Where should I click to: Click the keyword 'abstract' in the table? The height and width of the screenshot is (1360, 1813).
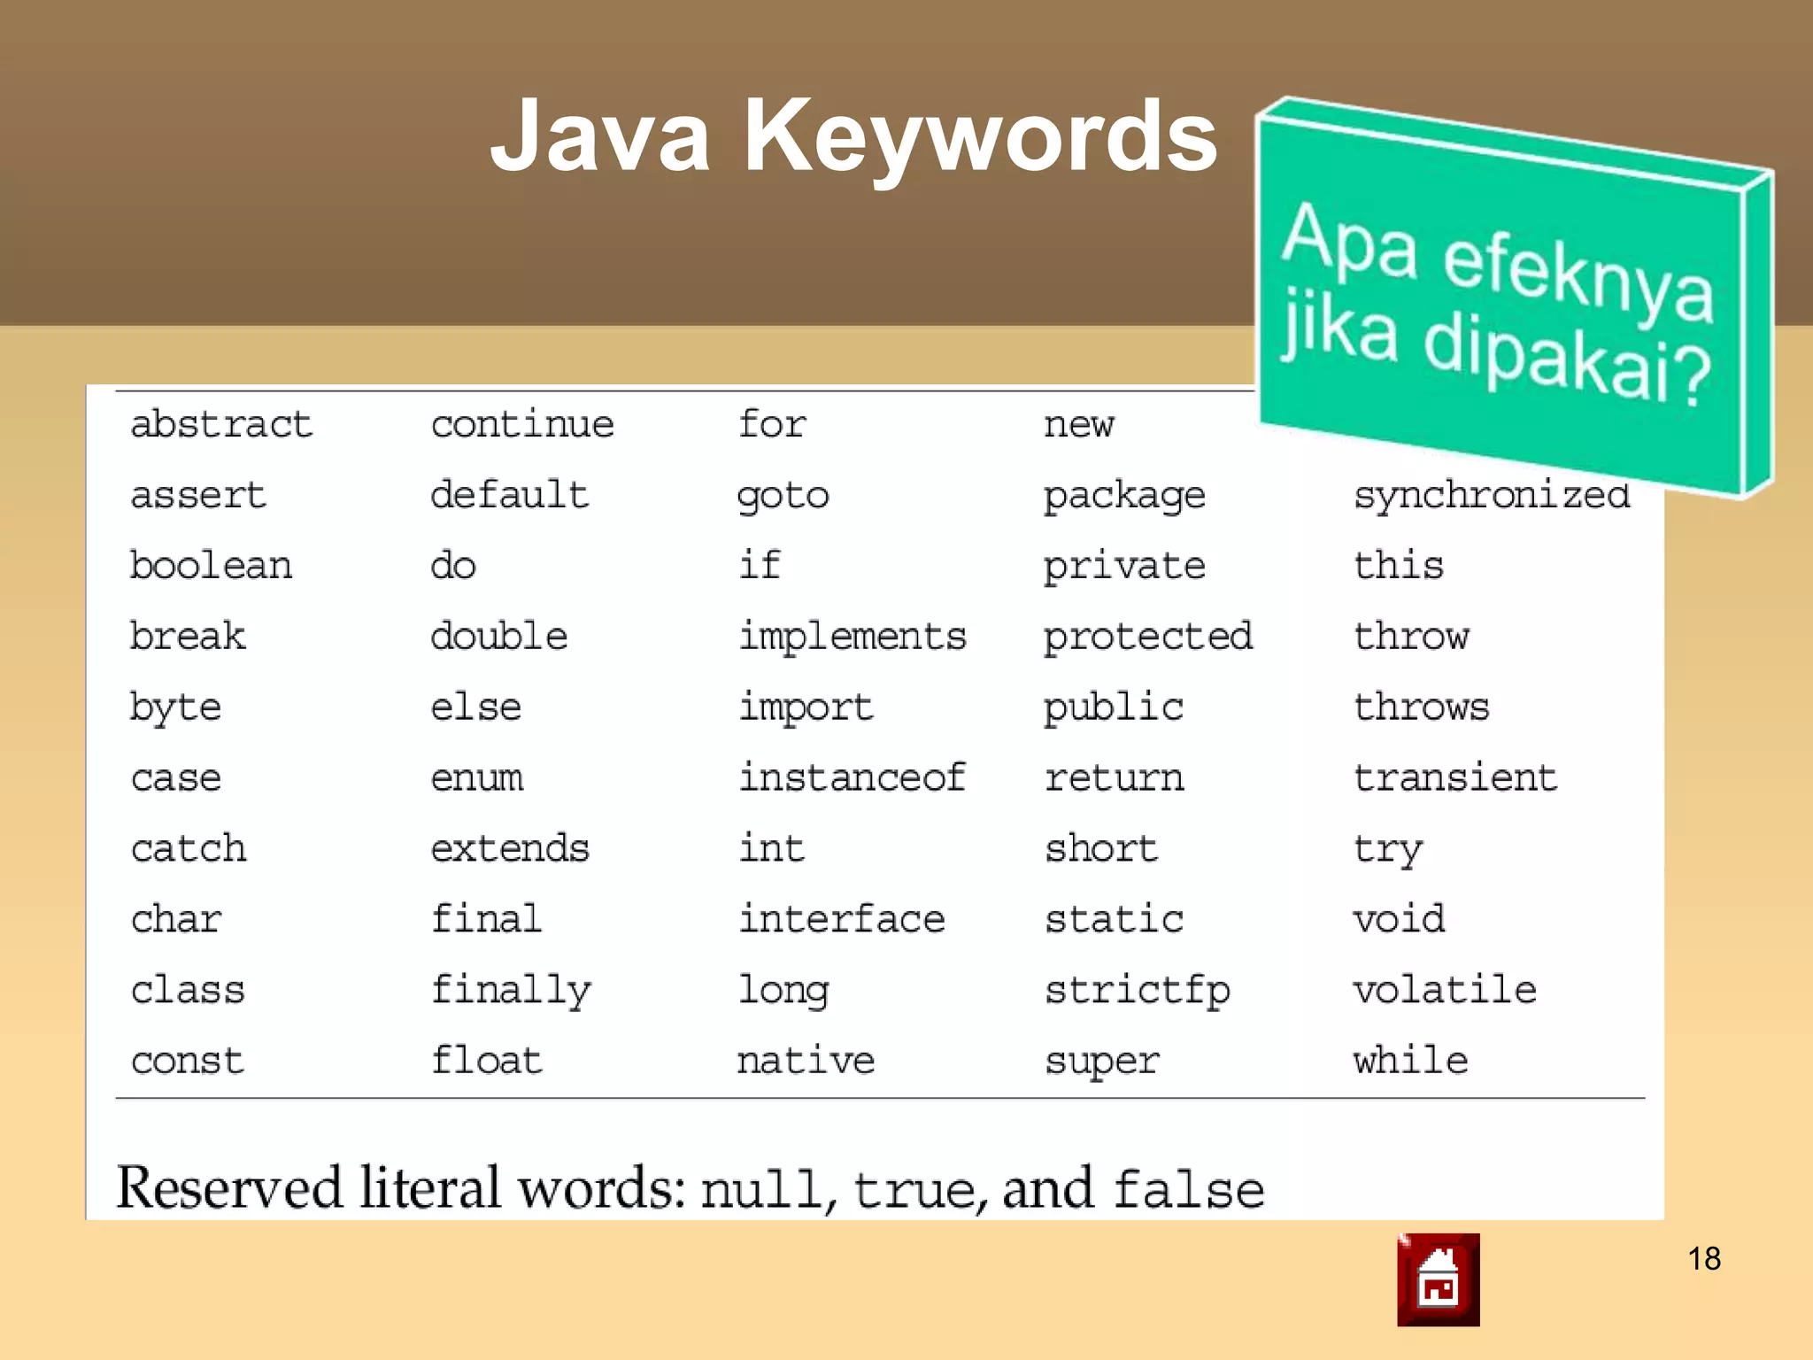(221, 424)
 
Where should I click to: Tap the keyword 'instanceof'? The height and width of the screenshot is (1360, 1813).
(852, 777)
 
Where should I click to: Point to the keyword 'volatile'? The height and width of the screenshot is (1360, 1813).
(1445, 989)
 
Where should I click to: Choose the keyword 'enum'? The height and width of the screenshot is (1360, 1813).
(477, 778)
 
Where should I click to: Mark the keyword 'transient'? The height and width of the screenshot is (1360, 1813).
(1454, 777)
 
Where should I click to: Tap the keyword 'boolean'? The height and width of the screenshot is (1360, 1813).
(211, 566)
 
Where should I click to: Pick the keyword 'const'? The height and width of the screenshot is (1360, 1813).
(188, 1061)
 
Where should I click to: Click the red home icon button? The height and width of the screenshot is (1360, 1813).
(1438, 1279)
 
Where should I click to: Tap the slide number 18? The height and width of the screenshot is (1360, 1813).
(1704, 1258)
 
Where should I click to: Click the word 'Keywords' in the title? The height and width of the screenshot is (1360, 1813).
(980, 137)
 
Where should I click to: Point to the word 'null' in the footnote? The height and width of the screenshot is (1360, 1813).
(761, 1190)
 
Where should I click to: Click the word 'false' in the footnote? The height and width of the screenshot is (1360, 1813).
(1189, 1189)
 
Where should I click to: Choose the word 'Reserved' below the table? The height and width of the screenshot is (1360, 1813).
(229, 1188)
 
